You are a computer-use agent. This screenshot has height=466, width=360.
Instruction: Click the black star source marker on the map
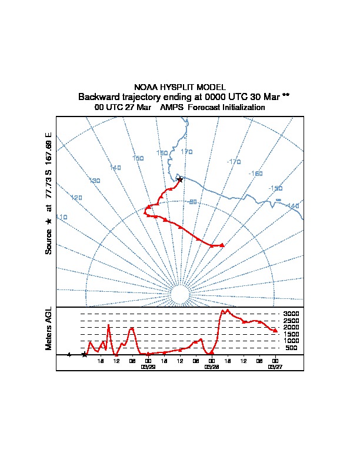[x=180, y=179]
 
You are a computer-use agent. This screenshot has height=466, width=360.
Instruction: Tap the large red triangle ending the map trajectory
[x=222, y=245]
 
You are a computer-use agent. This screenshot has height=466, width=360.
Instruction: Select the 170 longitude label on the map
[x=186, y=152]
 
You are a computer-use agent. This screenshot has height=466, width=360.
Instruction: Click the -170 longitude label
[x=234, y=161]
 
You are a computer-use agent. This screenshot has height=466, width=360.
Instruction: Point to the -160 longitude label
[x=256, y=174]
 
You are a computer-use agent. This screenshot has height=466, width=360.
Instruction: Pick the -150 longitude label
[x=275, y=188]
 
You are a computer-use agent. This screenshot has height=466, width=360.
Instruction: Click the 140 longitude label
[x=115, y=168]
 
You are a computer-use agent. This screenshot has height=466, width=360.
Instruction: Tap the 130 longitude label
[x=94, y=181]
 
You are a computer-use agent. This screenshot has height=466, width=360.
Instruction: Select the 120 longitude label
[x=76, y=198]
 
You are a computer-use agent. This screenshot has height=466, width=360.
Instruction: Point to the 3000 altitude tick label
[x=291, y=314]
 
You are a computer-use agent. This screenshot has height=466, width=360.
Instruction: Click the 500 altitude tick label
[x=291, y=348]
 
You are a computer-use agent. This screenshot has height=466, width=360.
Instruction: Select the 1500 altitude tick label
[x=291, y=334]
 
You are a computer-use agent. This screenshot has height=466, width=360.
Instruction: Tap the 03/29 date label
[x=148, y=366]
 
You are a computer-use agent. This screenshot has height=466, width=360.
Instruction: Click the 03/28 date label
[x=211, y=366]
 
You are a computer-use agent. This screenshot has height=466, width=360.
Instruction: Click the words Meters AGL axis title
[x=49, y=329]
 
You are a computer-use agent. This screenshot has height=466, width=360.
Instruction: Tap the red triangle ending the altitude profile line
[x=275, y=331]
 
